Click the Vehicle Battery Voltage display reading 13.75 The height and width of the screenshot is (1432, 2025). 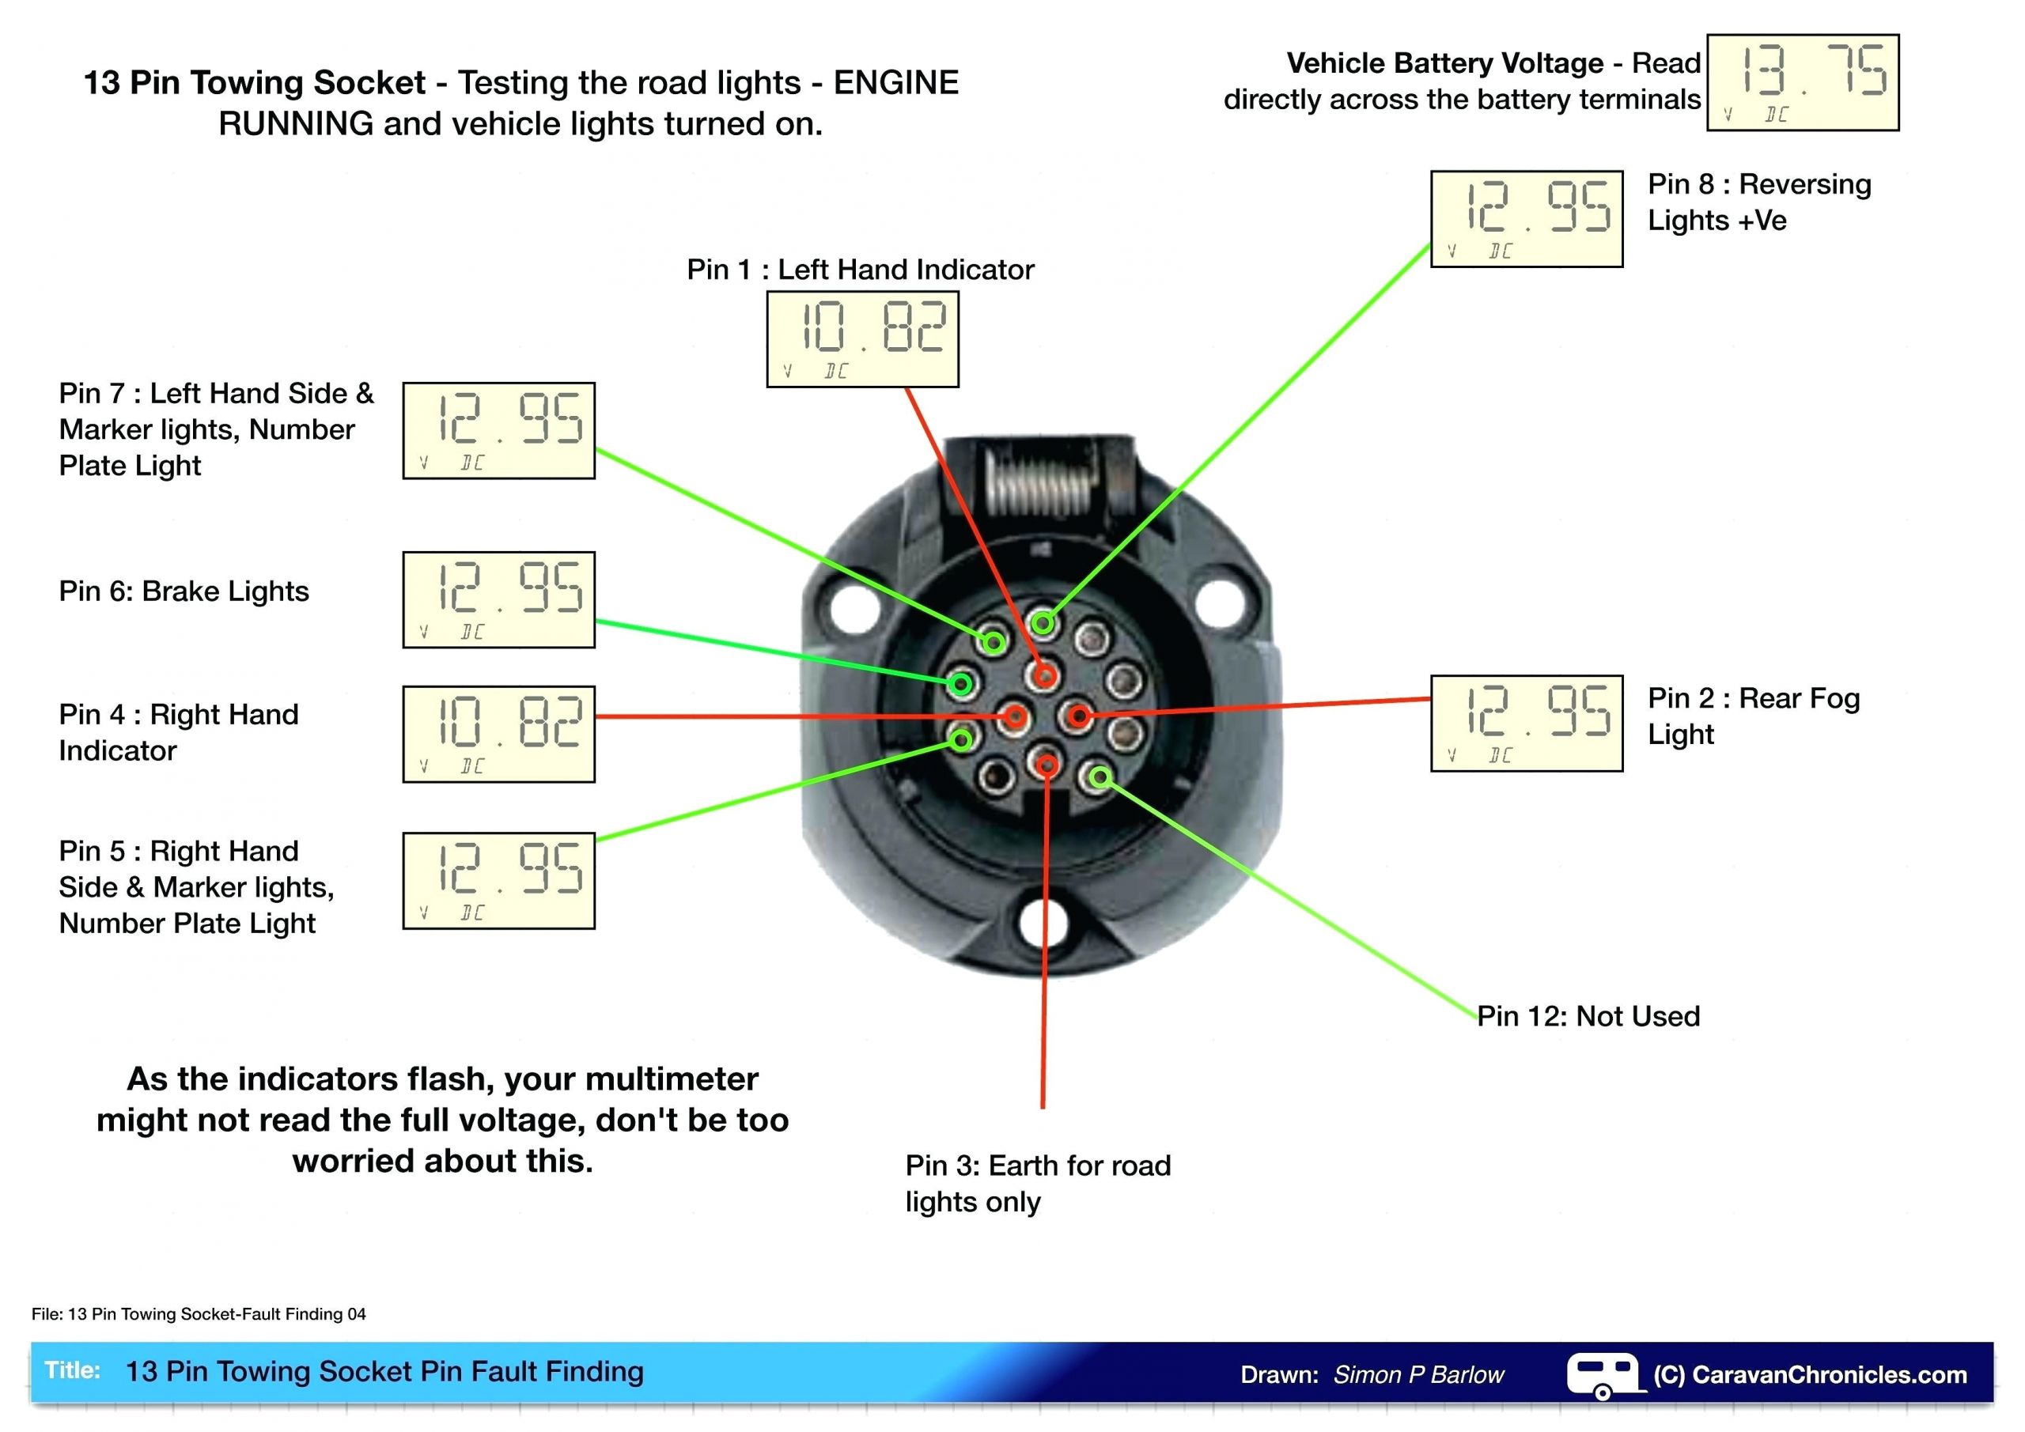point(1802,83)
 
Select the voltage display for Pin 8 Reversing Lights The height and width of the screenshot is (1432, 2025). point(1526,219)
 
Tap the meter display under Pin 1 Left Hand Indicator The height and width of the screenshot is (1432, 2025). point(861,339)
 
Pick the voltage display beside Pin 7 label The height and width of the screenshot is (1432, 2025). point(498,431)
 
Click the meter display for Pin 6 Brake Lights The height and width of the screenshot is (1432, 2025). point(498,600)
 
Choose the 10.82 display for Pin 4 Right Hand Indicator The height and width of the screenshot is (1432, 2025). point(498,735)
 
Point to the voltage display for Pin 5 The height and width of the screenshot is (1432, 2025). point(498,881)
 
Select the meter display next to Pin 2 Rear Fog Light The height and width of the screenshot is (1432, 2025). point(1526,724)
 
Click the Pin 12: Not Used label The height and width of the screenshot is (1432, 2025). point(1588,1017)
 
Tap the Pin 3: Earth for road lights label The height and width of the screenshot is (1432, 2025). point(1037,1184)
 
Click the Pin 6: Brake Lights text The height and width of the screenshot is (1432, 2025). point(184,591)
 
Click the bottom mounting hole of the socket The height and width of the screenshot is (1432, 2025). point(1043,922)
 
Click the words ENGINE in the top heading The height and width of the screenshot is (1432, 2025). point(895,83)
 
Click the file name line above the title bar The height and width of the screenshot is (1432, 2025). point(199,1315)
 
